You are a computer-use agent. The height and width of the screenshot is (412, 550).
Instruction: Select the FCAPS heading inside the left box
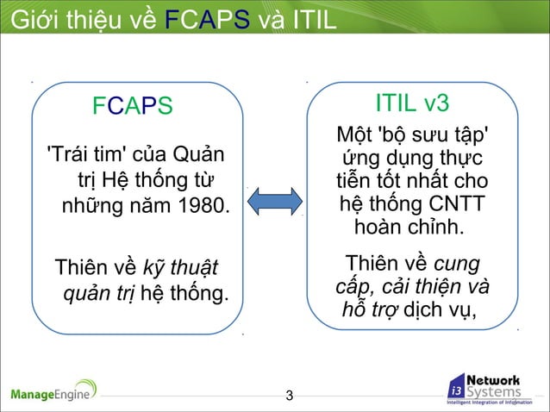pyautogui.click(x=133, y=106)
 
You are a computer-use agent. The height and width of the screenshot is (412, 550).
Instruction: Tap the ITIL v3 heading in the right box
pyautogui.click(x=412, y=103)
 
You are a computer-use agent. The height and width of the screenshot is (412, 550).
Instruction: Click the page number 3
pyautogui.click(x=290, y=396)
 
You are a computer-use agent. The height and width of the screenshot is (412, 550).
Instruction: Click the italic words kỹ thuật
pyautogui.click(x=181, y=264)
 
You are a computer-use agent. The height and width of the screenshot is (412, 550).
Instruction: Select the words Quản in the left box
pyautogui.click(x=195, y=155)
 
